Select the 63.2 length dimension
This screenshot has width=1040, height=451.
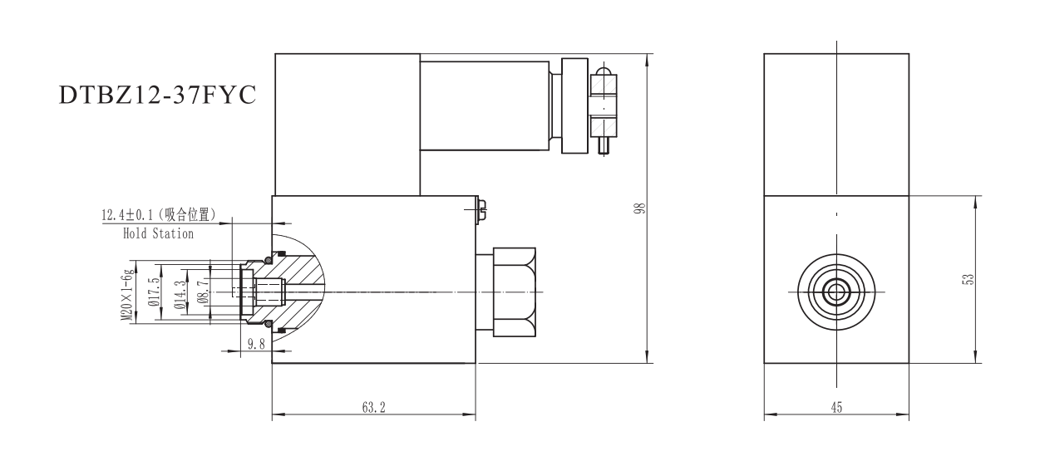pos(372,408)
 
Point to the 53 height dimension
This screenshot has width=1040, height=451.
pos(967,280)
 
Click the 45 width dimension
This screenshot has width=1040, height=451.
pos(836,408)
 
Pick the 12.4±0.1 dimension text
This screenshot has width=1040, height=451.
pos(132,216)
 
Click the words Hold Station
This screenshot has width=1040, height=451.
pos(158,234)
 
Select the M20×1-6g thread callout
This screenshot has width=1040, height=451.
pos(127,294)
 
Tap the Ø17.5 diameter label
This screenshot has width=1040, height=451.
pos(152,293)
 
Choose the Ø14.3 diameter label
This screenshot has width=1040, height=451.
pos(179,293)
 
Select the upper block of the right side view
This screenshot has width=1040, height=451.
pos(836,125)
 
